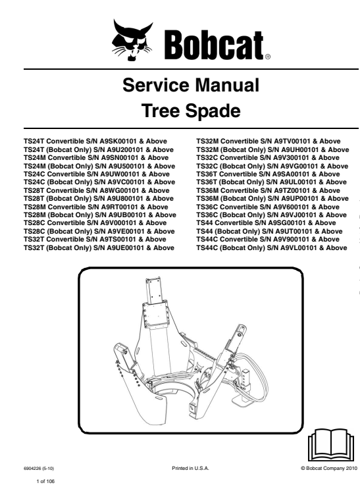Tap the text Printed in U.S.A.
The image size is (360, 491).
[189, 468]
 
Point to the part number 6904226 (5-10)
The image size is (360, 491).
[41, 468]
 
